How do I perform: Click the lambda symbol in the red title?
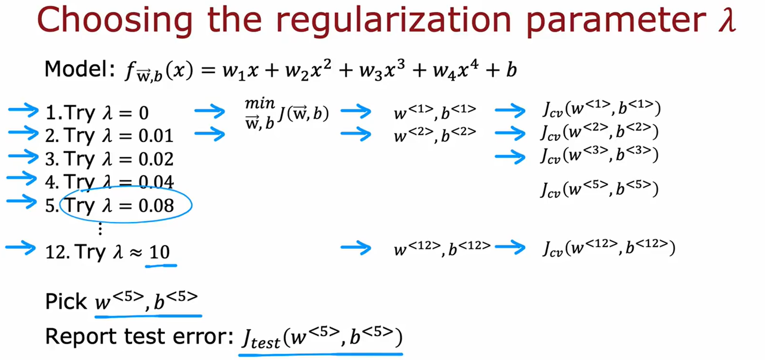pyautogui.click(x=727, y=20)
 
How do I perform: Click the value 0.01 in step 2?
pyautogui.click(x=156, y=136)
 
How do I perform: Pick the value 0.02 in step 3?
pyautogui.click(x=156, y=159)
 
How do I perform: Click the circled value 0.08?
pyautogui.click(x=156, y=206)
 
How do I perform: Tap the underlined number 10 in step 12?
pyautogui.click(x=160, y=252)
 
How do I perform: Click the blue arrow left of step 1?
pyautogui.click(x=23, y=111)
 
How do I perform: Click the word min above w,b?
pyautogui.click(x=259, y=104)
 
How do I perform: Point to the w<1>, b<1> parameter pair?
pyautogui.click(x=435, y=112)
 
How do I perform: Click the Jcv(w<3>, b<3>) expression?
pyautogui.click(x=599, y=155)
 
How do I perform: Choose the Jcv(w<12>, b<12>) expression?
pyautogui.click(x=608, y=248)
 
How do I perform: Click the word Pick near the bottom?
pyautogui.click(x=66, y=302)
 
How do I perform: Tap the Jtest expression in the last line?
pyautogui.click(x=321, y=338)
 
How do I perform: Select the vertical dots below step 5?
pyautogui.click(x=100, y=229)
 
